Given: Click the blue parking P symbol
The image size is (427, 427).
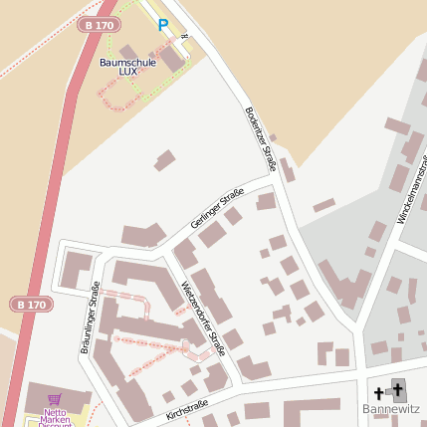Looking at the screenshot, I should pos(163,25).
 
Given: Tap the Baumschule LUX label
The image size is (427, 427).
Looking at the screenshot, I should pos(128,67).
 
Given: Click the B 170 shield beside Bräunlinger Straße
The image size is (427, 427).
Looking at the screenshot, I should pos(33,304).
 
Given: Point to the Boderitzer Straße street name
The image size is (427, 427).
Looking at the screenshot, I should pos(261,138).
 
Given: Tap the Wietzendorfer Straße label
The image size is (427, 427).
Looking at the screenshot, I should pos(203,319).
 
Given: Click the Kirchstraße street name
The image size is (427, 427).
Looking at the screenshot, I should pos(187,409).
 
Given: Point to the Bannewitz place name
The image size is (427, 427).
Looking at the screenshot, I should pos(393,409).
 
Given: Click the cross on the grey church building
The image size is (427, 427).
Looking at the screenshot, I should pos(399,389).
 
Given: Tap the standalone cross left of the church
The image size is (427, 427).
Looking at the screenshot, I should pos(378,394).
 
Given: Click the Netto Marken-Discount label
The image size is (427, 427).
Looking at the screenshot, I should pos(55,416).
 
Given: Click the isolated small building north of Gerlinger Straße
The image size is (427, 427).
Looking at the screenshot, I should pos(164,159).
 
